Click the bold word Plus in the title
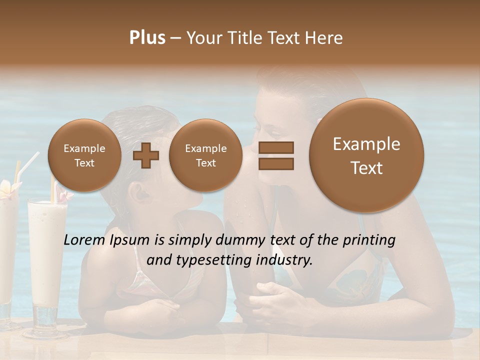click(x=147, y=38)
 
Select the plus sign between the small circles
click(x=146, y=155)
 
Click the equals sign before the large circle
click(x=275, y=155)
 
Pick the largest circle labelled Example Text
click(x=366, y=155)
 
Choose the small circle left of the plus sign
click(x=84, y=155)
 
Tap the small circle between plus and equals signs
click(x=205, y=155)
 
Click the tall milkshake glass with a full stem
click(x=47, y=260)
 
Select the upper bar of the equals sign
click(x=275, y=147)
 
